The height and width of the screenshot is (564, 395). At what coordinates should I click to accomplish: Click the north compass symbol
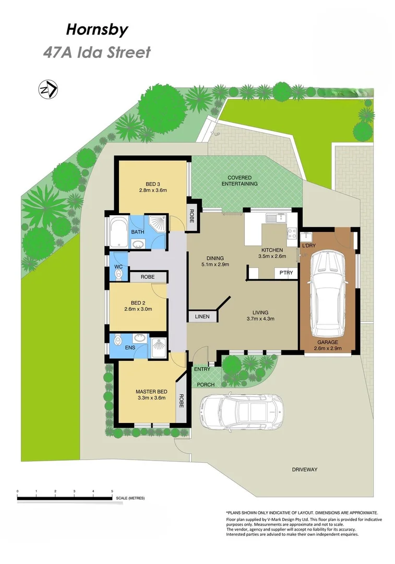pos(48,90)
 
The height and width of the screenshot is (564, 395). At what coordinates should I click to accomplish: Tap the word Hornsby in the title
pos(97,30)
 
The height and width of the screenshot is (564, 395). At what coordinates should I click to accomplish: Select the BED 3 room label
pos(152,184)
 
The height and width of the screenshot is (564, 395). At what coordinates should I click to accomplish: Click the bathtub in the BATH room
pos(117,232)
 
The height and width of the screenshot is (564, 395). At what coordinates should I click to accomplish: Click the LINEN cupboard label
pos(202,316)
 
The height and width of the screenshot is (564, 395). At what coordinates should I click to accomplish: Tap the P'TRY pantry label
pos(285,273)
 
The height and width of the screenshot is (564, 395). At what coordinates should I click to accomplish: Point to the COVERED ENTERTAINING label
pos(240,181)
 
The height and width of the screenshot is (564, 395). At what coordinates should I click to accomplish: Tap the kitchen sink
pos(273,217)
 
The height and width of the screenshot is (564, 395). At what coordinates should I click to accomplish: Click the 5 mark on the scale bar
pos(112,491)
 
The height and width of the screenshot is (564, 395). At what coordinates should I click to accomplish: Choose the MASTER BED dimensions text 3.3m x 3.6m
pos(151,398)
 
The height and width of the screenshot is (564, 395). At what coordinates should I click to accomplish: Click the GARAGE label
pos(328,343)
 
